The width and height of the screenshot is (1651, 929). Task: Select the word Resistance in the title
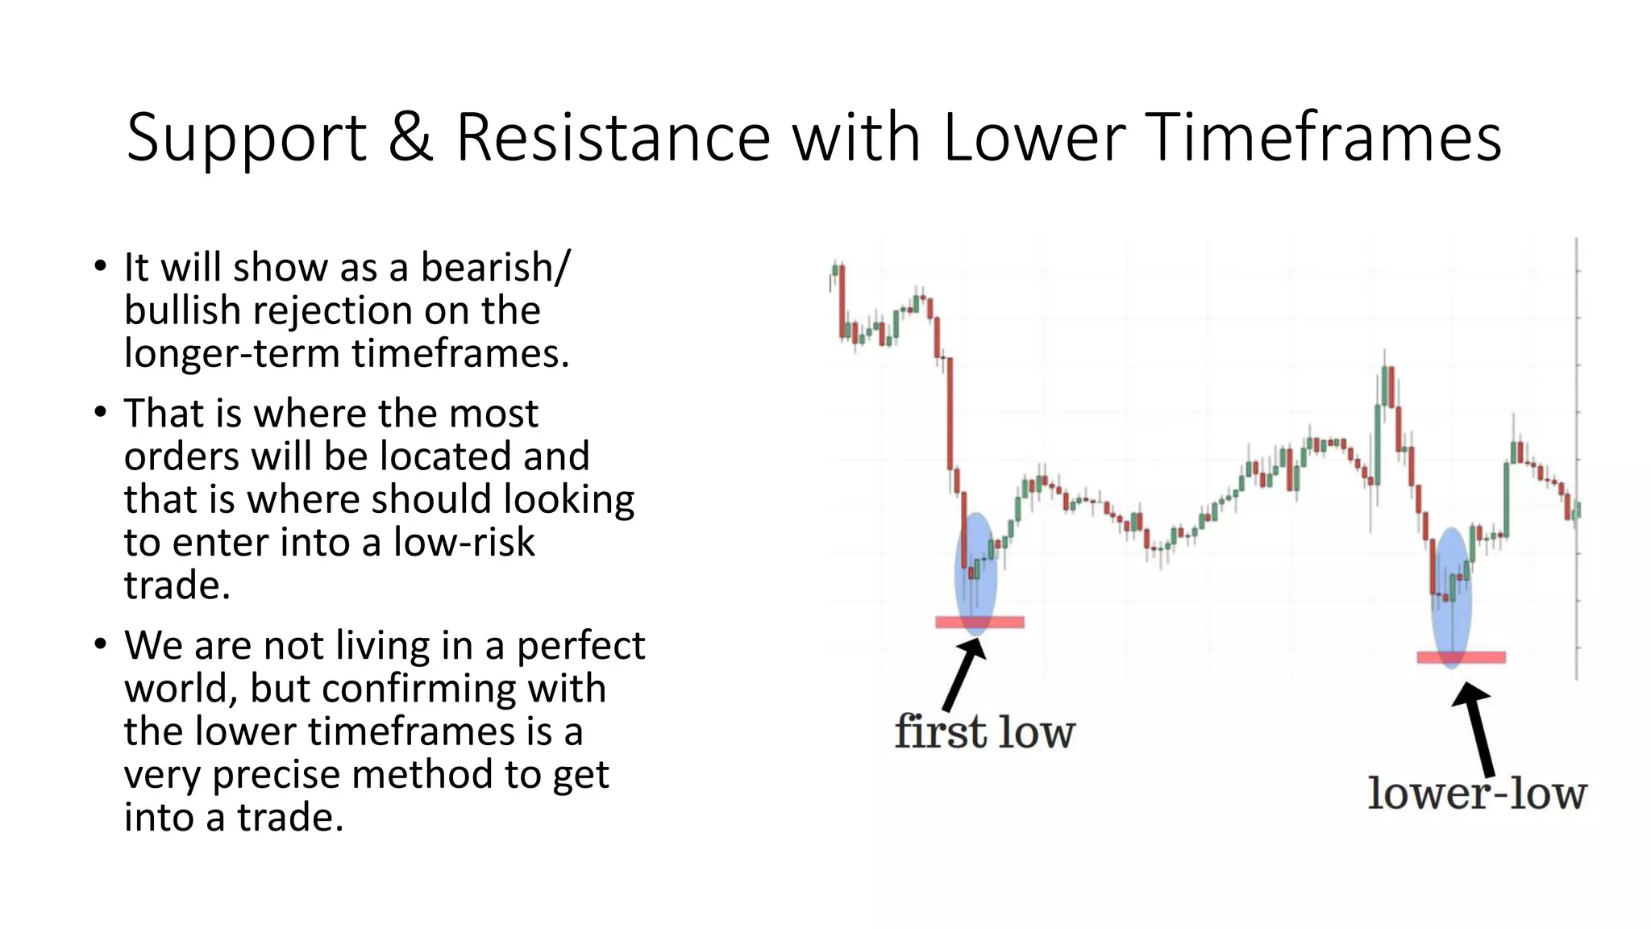point(613,137)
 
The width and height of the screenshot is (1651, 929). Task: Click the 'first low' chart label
point(984,732)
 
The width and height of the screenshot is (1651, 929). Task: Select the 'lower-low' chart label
point(1477,794)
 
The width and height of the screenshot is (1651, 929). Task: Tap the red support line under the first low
point(979,622)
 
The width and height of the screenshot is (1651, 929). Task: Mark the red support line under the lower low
point(1461,657)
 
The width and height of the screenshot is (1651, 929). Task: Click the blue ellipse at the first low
point(975,573)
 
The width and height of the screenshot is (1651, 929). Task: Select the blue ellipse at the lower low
point(1451,597)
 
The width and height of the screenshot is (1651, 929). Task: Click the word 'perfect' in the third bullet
point(580,645)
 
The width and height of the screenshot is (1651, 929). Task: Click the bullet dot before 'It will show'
point(100,266)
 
